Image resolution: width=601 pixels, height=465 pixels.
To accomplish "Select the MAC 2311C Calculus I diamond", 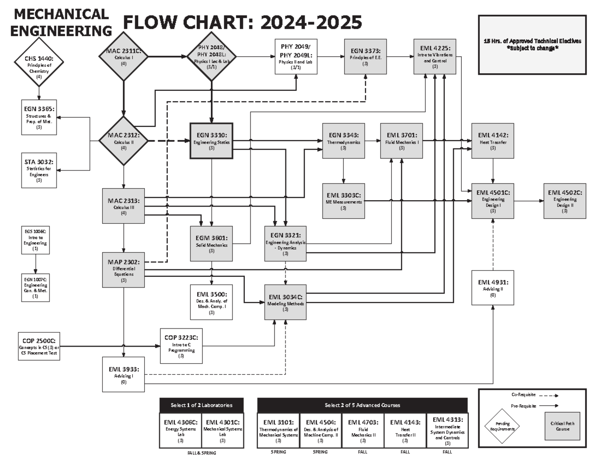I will pyautogui.click(x=123, y=56).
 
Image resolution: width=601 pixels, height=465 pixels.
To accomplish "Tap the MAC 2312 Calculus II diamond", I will pyautogui.click(x=123, y=141).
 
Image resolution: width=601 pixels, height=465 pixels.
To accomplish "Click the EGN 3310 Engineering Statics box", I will pyautogui.click(x=211, y=141).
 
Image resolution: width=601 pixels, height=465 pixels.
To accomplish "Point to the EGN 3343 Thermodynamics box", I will pyautogui.click(x=343, y=141).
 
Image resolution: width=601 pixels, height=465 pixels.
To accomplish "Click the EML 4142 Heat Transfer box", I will pyautogui.click(x=493, y=141).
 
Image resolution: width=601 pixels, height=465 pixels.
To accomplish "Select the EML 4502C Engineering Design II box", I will pyautogui.click(x=564, y=201).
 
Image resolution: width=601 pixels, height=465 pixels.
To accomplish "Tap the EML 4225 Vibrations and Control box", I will pyautogui.click(x=435, y=56).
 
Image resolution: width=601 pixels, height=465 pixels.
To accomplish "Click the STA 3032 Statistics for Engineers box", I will pyautogui.click(x=39, y=171).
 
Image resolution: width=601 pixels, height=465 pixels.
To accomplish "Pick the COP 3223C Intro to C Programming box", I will pyautogui.click(x=181, y=346).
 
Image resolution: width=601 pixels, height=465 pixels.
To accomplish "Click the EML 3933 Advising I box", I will pyautogui.click(x=123, y=374).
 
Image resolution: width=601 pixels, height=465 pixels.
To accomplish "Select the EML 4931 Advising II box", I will pyautogui.click(x=493, y=287).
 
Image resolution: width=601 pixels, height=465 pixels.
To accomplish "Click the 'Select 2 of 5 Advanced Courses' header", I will pyautogui.click(x=362, y=405).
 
